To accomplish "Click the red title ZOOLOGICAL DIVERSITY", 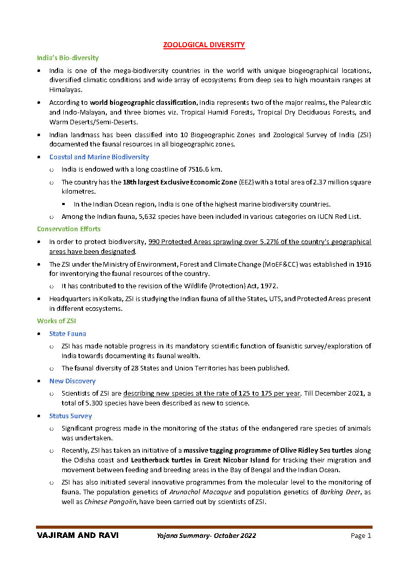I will (x=204, y=45).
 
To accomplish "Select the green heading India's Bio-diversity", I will (x=68, y=58).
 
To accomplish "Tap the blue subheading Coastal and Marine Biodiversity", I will (x=99, y=157).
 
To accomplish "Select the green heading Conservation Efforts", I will (x=69, y=229).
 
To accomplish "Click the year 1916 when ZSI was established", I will (x=363, y=264).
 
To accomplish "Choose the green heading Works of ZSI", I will (x=57, y=321).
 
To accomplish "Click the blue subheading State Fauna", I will (x=68, y=333).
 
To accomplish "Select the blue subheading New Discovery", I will (x=72, y=381).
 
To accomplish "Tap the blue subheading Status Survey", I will (x=70, y=416).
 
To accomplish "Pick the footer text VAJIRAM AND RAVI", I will (x=78, y=535).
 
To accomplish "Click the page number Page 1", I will (x=361, y=535).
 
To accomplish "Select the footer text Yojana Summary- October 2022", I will (x=207, y=535).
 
